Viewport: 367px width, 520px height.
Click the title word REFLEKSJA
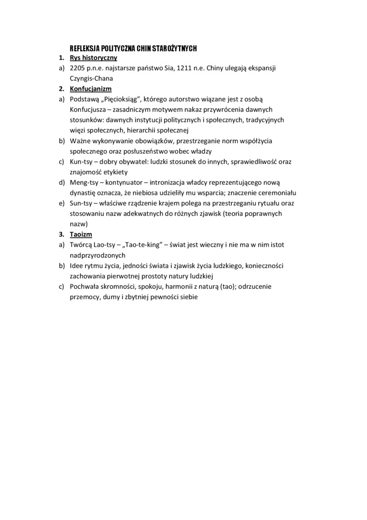click(85, 48)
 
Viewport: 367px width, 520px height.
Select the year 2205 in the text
click(77, 68)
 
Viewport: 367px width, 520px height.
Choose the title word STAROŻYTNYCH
click(174, 48)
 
